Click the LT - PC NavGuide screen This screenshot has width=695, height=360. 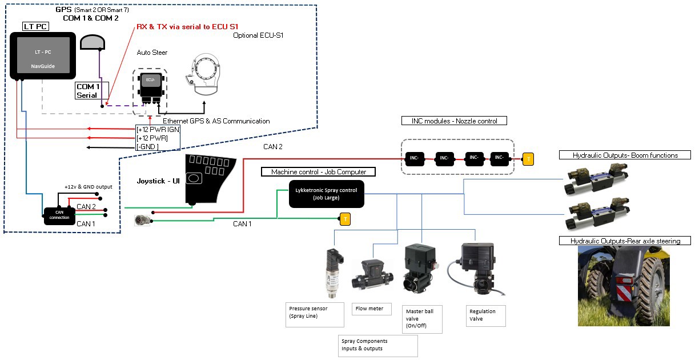43,56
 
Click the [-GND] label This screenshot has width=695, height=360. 147,147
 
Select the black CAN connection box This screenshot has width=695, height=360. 59,213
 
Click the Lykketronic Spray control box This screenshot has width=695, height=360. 326,193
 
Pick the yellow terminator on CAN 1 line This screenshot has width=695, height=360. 344,218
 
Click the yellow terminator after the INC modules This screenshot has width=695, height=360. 528,158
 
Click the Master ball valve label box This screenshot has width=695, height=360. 422,318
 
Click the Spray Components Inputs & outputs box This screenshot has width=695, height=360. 378,345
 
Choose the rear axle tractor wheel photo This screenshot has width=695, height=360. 624,286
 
